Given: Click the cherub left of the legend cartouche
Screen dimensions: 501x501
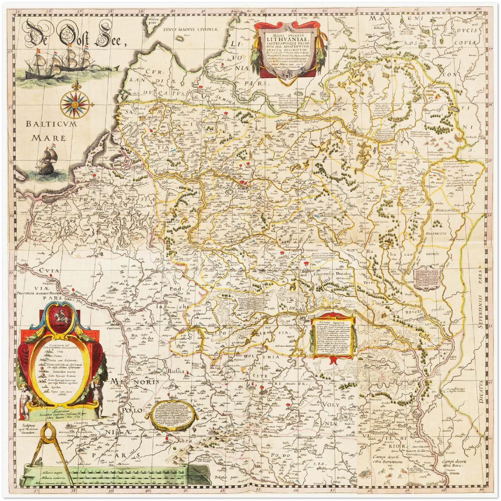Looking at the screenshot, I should coord(25,399).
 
